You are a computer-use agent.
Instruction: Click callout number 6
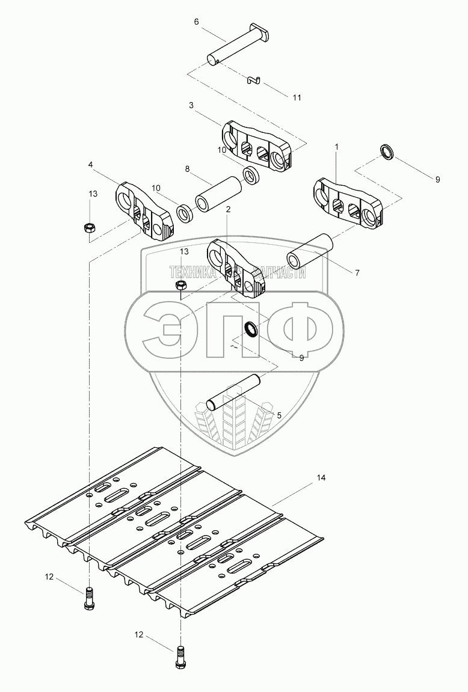196,21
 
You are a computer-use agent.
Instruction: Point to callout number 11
296,97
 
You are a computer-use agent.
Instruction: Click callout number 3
191,105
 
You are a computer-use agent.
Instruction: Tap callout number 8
188,170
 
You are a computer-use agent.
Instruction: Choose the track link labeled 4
144,210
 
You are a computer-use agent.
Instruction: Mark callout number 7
357,272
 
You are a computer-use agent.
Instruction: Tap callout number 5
279,415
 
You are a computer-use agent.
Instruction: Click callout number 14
321,478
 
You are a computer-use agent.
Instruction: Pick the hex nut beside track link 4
90,228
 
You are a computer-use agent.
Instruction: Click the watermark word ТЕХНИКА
195,272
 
